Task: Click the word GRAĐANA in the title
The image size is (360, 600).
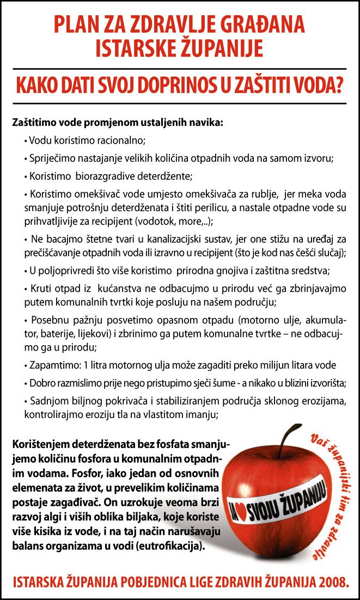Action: pos(260,25)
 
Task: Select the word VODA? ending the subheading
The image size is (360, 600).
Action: pos(316,85)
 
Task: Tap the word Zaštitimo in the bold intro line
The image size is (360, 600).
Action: pos(33,122)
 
